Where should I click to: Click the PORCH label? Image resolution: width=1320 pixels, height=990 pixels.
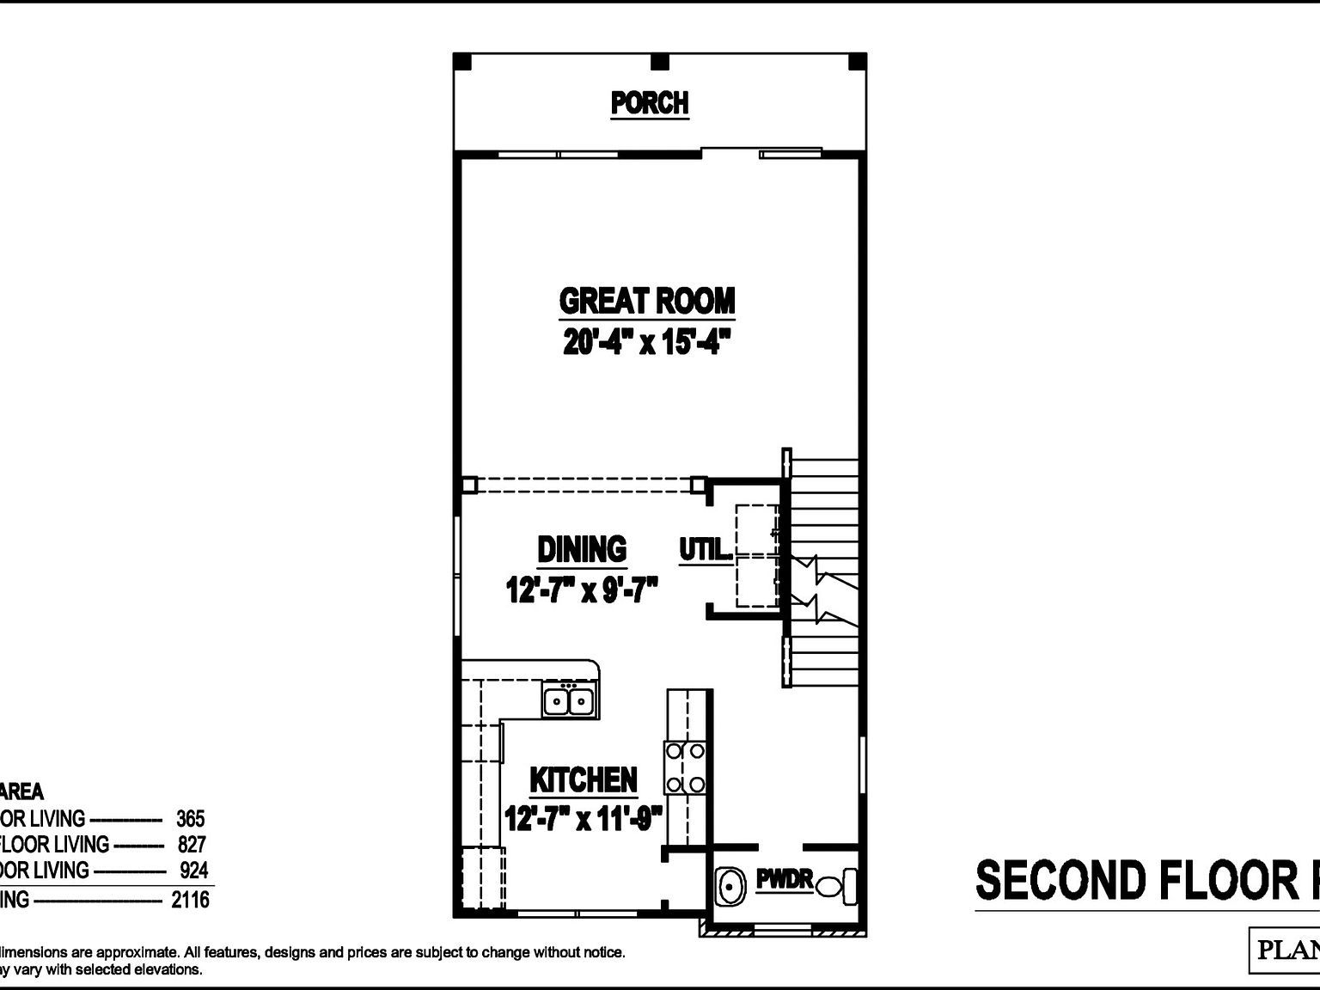coord(650,103)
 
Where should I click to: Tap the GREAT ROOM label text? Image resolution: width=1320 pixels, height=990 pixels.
coord(647,301)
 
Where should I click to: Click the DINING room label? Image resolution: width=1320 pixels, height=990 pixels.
coord(582,549)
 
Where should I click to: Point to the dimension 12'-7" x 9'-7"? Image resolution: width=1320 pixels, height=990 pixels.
coord(582,590)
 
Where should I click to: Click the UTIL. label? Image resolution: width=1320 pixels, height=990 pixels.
coord(706,549)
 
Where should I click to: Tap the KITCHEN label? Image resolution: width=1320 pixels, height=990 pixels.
coord(584,779)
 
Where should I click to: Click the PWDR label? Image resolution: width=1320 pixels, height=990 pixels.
coord(785,879)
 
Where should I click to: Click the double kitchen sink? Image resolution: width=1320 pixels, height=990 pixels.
coord(570,701)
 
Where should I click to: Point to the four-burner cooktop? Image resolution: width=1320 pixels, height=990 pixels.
coord(685,768)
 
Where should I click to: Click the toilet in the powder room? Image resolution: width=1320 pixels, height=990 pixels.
coord(838,885)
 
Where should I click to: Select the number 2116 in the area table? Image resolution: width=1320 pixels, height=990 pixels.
coord(190,899)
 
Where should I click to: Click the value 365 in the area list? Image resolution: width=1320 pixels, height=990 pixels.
coord(190,818)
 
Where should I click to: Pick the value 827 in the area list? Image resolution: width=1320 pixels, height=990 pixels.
coord(192,844)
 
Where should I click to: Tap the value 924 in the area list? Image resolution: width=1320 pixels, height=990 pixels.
coord(193,871)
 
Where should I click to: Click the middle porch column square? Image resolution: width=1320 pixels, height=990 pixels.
coord(659,62)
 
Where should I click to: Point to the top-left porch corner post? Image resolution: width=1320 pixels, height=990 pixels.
coord(462,62)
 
